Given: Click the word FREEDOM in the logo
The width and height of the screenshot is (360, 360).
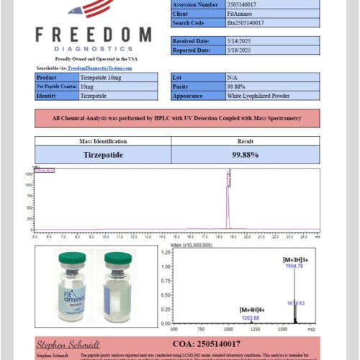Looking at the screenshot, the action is (x=94, y=34).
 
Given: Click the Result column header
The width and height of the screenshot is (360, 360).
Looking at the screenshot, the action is (x=245, y=142).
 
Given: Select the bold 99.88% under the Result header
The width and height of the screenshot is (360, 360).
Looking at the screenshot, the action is (x=245, y=154).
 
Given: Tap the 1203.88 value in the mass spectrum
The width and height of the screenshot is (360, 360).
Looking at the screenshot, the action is (x=250, y=317).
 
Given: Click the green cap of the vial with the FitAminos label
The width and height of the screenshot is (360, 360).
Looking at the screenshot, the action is (x=71, y=258).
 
